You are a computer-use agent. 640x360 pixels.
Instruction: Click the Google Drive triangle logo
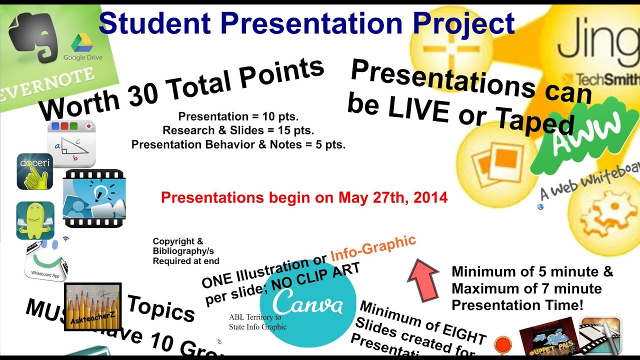tap(82, 43)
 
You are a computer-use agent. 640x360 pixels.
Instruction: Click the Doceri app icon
tap(34, 171)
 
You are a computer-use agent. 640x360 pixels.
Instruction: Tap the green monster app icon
tap(35, 220)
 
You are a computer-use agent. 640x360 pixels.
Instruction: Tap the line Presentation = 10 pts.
tap(238, 117)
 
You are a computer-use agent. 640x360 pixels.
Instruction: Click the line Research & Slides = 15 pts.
tap(238, 131)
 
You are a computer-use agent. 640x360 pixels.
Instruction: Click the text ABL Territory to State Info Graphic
tap(258, 322)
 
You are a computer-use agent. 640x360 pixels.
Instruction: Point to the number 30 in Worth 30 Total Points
tap(143, 91)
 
